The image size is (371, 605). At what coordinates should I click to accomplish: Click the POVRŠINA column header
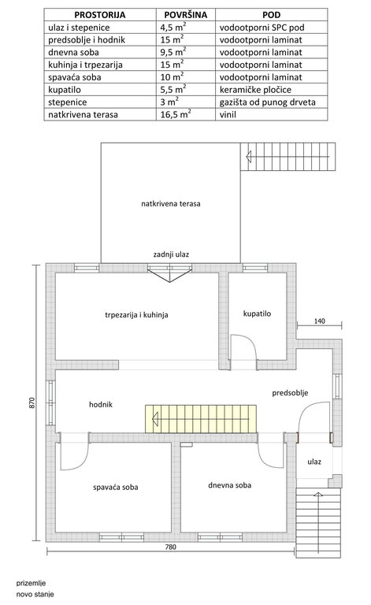186,15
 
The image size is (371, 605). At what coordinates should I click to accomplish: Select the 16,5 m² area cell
176,114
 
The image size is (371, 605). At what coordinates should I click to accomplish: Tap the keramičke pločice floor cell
255,90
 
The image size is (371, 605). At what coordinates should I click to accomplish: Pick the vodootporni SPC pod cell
262,28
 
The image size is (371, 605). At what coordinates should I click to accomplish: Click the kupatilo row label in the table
65,90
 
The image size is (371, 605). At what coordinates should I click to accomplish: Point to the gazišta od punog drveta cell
267,102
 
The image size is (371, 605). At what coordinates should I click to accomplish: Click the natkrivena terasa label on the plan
170,204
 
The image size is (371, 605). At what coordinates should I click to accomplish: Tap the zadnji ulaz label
171,254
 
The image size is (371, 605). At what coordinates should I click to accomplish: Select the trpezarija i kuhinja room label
136,315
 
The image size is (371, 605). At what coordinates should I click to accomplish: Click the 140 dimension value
319,321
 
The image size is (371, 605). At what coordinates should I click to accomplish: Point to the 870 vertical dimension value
32,403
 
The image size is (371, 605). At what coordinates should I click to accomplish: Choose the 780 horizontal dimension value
170,547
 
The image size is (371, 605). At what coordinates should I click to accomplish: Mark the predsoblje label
290,393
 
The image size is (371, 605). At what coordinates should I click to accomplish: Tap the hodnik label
101,404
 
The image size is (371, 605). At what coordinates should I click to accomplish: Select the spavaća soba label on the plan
115,488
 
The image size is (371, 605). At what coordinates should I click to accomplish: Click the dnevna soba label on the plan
229,485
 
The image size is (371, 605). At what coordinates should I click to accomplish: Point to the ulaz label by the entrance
314,462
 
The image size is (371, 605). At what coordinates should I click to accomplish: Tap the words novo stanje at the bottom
35,594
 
